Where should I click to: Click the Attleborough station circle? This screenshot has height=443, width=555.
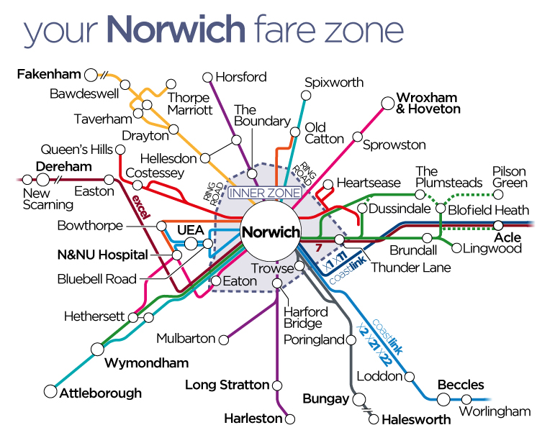pyautogui.click(x=50, y=392)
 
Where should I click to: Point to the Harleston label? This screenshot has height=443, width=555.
pyautogui.click(x=253, y=418)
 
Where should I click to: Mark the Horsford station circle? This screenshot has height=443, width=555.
pyautogui.click(x=208, y=77)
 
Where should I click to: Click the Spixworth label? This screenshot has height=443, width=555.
pyautogui.click(x=334, y=83)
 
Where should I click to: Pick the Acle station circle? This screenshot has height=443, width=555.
pyautogui.click(x=497, y=225)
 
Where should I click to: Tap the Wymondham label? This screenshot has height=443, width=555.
pyautogui.click(x=146, y=362)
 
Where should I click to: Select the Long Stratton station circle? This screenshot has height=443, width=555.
pyautogui.click(x=276, y=385)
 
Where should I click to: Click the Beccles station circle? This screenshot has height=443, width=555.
pyautogui.click(x=436, y=398)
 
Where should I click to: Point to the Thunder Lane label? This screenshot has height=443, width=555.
pyautogui.click(x=410, y=268)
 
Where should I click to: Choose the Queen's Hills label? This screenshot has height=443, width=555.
pyautogui.click(x=76, y=150)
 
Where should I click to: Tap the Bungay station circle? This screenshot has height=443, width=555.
pyautogui.click(x=359, y=398)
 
